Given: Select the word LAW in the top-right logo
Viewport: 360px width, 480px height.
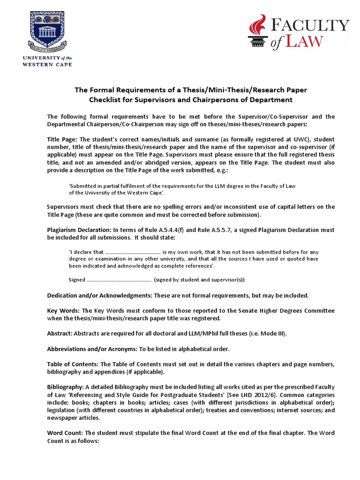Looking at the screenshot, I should [x=304, y=42].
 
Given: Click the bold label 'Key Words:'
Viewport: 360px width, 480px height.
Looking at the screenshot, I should [x=64, y=310].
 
